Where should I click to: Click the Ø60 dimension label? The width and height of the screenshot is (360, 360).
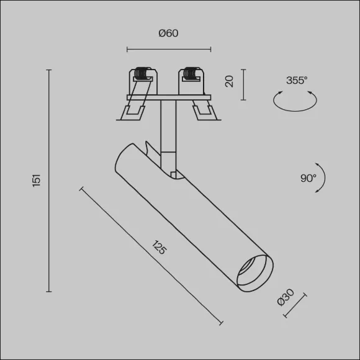[x=168, y=34]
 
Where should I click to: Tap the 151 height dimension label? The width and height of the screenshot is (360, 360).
[x=37, y=181]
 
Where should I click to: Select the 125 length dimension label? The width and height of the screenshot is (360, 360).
[x=159, y=247]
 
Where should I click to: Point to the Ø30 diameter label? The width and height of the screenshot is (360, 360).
[x=286, y=297]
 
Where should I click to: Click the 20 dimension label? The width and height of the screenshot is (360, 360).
[x=229, y=81]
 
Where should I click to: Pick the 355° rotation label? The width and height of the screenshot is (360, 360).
[x=297, y=80]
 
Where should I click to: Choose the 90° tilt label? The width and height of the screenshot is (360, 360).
[x=308, y=178]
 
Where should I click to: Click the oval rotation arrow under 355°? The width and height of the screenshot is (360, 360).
[x=295, y=111]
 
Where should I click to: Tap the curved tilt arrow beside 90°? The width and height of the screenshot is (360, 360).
[x=325, y=178]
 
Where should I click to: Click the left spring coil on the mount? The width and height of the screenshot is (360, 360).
[x=141, y=73]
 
